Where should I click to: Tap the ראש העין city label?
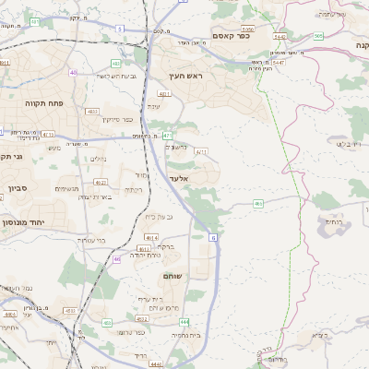click(x=184, y=77)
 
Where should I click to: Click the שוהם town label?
click(x=173, y=276)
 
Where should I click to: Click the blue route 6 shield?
click(x=213, y=238)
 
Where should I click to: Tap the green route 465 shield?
click(x=258, y=204)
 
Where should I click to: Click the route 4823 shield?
click(x=92, y=111)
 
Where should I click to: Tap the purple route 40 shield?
click(x=73, y=71)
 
